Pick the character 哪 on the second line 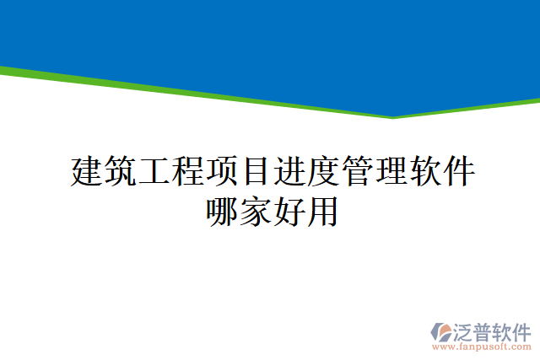point(220,210)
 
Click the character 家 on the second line point(254,210)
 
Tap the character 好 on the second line point(288,210)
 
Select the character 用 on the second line point(321,210)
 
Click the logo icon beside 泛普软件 point(441,331)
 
